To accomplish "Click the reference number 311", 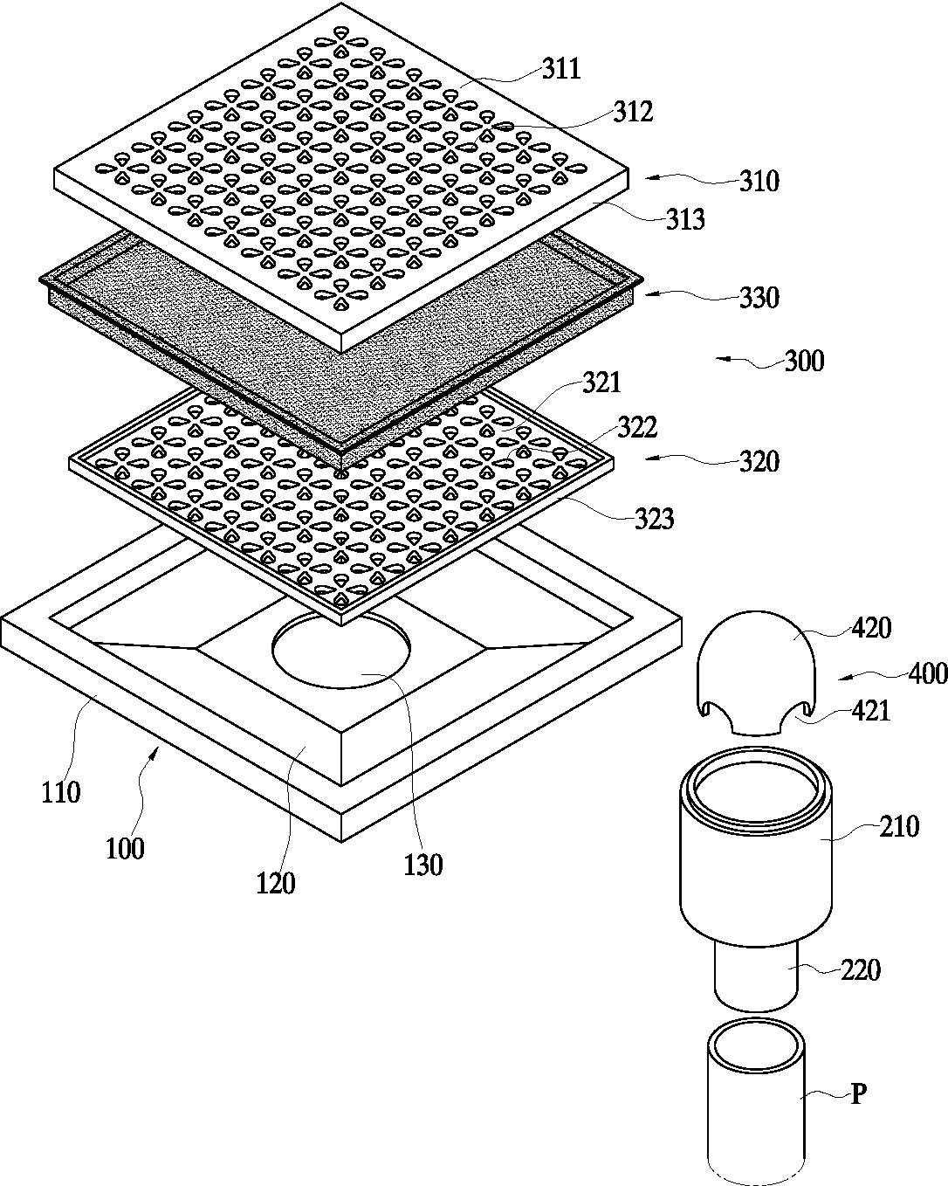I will point(561,69).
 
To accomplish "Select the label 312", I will point(633,113).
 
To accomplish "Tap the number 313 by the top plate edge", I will point(685,219).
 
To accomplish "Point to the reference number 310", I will point(759,182).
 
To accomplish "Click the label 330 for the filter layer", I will point(759,298).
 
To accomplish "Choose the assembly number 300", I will point(804,361).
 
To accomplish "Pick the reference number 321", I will point(601,383).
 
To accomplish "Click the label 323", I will point(655,519).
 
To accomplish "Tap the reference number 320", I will point(759,461).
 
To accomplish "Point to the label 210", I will point(900,826).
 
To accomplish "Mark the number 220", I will point(861,969).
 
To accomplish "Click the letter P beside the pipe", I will point(858,1095).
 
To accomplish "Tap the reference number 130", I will point(423,865).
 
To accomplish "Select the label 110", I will point(61,793).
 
